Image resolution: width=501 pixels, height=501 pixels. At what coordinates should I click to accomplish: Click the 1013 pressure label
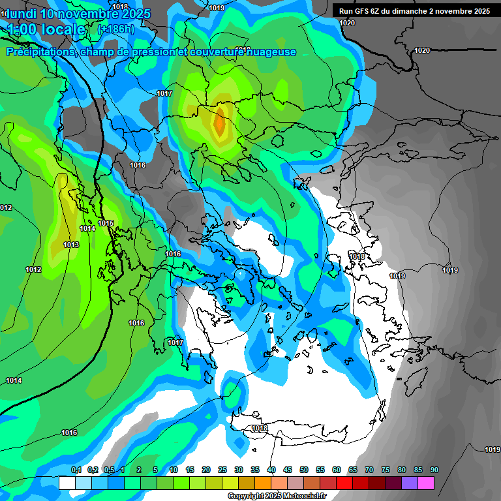(x=71, y=245)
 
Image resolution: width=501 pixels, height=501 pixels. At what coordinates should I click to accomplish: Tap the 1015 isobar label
(x=106, y=223)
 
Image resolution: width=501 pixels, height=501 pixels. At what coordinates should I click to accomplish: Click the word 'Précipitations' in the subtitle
(x=40, y=52)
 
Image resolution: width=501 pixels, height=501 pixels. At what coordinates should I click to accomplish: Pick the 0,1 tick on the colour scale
(x=76, y=470)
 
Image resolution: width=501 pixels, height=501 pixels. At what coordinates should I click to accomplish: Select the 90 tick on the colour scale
(x=434, y=470)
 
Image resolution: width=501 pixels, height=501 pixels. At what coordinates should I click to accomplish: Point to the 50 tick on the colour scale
(x=304, y=470)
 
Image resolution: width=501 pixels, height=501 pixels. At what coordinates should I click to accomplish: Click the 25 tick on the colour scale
(x=222, y=470)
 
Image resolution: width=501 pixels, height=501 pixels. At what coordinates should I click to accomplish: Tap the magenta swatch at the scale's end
(x=426, y=483)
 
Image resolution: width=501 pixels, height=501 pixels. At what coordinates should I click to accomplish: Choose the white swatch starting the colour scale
(x=67, y=483)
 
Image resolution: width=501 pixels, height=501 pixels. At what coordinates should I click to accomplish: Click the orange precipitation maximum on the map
(x=219, y=121)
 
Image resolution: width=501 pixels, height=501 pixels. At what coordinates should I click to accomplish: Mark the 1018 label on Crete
(x=260, y=428)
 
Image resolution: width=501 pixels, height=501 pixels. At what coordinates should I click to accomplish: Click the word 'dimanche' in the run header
(x=414, y=11)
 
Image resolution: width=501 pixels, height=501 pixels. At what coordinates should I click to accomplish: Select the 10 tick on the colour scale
(x=174, y=470)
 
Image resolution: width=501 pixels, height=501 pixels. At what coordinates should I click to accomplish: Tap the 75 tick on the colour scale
(x=386, y=470)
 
